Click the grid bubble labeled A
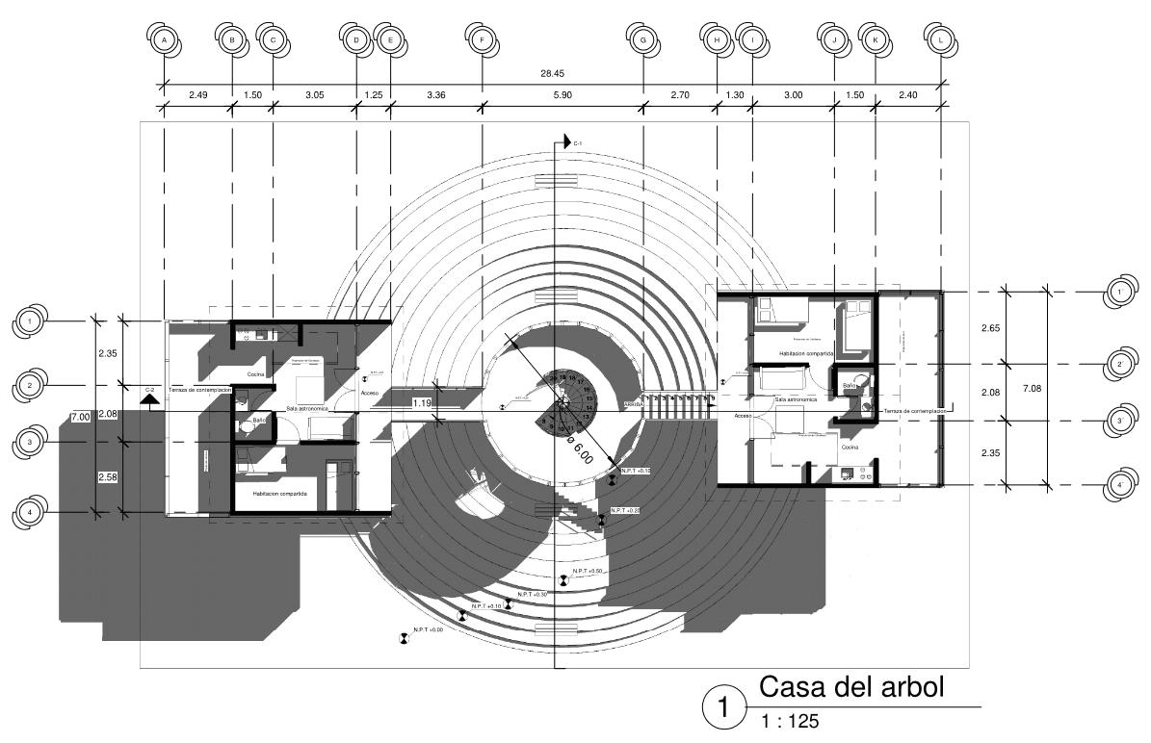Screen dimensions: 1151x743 165,40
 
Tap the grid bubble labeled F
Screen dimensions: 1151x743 481,40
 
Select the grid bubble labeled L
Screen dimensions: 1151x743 940,40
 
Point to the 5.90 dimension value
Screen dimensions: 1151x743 562,95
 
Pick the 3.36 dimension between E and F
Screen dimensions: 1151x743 435,95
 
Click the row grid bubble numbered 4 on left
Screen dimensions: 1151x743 31,513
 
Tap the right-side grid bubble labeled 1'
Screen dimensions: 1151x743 1120,292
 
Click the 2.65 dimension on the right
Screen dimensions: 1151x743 990,328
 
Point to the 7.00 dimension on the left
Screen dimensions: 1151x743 80,417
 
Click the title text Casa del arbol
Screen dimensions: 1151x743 851,688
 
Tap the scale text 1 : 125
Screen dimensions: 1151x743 791,721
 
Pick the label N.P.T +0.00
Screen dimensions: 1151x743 428,630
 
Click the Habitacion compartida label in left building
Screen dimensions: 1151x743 279,493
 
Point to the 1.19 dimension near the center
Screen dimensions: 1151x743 421,403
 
